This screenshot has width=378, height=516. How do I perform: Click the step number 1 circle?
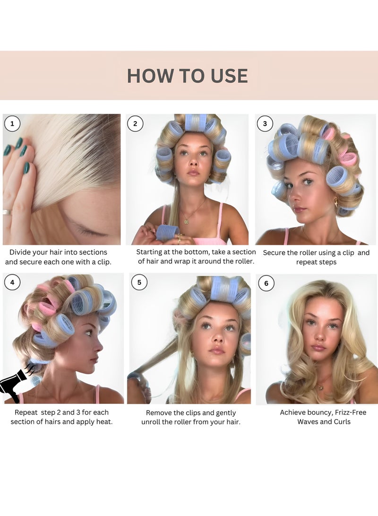(x=12, y=124)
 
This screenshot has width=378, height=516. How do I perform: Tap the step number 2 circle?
(x=135, y=124)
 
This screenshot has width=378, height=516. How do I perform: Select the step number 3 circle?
(x=265, y=124)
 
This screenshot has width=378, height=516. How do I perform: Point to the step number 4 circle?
(x=12, y=283)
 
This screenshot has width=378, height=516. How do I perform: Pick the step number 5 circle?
(x=139, y=283)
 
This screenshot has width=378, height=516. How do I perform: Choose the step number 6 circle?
(x=266, y=283)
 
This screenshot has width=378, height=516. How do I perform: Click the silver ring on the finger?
(x=7, y=212)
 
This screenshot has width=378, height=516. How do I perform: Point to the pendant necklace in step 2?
(x=186, y=220)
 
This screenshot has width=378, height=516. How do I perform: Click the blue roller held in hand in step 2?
(x=167, y=232)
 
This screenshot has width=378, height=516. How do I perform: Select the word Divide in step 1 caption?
(x=21, y=252)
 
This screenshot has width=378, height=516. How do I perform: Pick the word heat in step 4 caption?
(x=103, y=421)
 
